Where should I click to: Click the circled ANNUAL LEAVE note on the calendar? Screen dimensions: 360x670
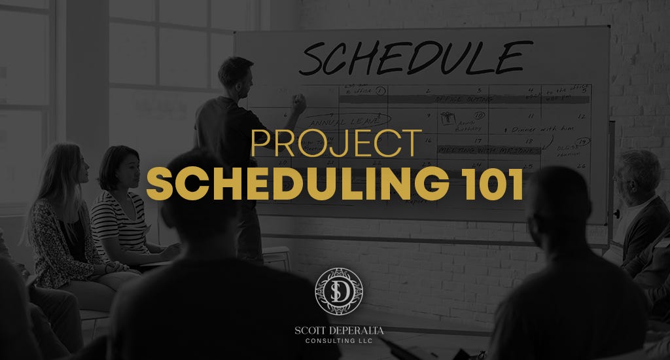(x=339, y=121)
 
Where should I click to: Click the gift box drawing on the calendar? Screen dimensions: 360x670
(x=448, y=118)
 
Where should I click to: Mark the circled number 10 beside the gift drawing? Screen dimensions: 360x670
(x=479, y=116)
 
